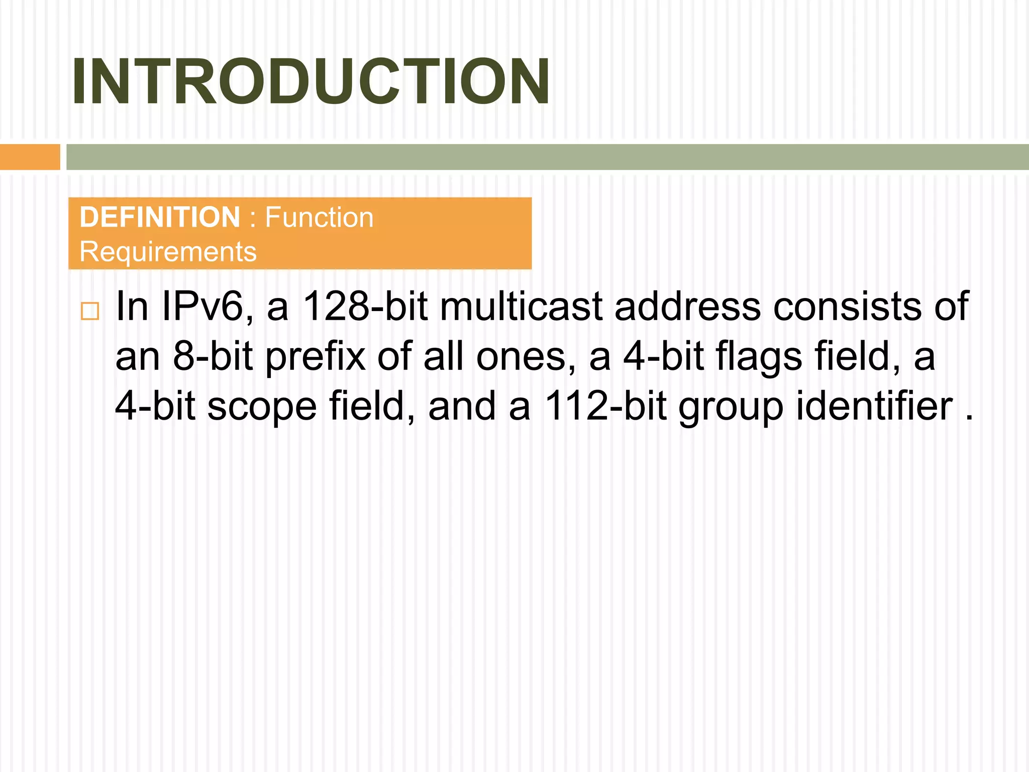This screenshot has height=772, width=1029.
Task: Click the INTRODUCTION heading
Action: click(311, 82)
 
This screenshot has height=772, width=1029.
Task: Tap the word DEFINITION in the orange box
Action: click(160, 217)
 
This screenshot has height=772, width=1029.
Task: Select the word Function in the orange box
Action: click(319, 217)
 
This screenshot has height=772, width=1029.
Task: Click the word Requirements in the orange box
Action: click(168, 251)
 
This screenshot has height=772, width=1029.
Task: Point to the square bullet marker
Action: click(90, 311)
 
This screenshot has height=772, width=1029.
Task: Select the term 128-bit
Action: click(365, 306)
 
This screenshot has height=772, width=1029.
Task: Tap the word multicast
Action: click(521, 306)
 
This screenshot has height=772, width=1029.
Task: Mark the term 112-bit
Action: click(606, 406)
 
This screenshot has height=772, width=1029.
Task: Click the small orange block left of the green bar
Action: click(30, 157)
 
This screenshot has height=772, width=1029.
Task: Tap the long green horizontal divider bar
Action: click(547, 157)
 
